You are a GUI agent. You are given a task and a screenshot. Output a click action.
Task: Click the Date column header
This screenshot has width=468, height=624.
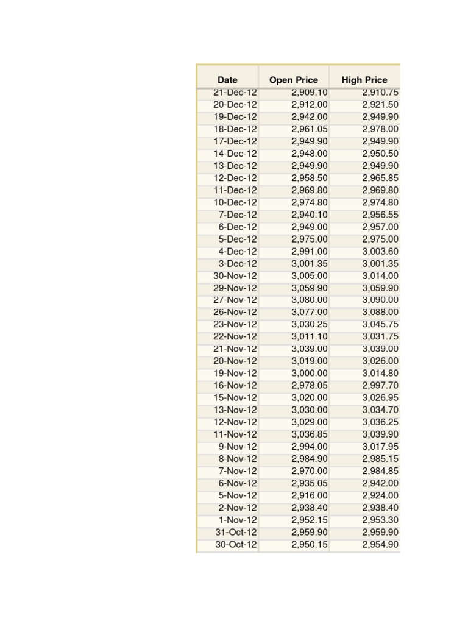[227, 80]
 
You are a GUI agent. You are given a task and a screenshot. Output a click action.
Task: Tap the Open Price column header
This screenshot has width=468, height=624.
[294, 80]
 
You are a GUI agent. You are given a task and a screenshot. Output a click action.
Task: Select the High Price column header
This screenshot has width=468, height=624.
[364, 80]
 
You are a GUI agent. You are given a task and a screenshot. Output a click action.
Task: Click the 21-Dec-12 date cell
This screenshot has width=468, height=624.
[235, 93]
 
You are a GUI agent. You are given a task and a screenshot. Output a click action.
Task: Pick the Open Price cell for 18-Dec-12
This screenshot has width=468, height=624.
[310, 129]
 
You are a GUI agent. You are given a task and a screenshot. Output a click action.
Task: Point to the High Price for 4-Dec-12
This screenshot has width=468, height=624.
[380, 251]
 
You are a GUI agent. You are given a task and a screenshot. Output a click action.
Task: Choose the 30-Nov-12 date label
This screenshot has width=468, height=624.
[235, 275]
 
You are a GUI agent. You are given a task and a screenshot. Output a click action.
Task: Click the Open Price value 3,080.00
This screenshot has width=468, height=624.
[310, 300]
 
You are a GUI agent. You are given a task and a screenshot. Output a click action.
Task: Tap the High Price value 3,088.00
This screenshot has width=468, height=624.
[380, 312]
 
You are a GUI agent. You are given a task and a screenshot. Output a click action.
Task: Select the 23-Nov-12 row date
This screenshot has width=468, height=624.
[235, 324]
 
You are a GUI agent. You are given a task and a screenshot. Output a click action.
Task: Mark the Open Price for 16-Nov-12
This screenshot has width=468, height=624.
[310, 385]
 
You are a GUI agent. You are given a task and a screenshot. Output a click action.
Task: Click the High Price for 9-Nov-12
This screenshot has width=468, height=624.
[380, 447]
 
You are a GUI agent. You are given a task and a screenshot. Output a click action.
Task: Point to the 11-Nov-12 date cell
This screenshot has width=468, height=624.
[235, 434]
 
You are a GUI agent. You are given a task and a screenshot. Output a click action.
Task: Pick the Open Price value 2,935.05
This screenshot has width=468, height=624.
[310, 483]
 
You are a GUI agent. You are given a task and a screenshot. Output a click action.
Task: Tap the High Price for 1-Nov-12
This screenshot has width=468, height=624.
[380, 520]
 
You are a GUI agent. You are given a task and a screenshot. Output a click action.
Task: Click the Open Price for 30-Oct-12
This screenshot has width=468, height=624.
[310, 545]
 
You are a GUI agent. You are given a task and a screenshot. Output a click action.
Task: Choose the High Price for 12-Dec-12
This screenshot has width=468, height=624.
[380, 178]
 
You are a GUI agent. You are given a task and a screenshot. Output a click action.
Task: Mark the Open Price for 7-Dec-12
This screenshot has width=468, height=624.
[310, 214]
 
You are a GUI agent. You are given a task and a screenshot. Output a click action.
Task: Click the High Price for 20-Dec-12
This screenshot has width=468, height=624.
[380, 105]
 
